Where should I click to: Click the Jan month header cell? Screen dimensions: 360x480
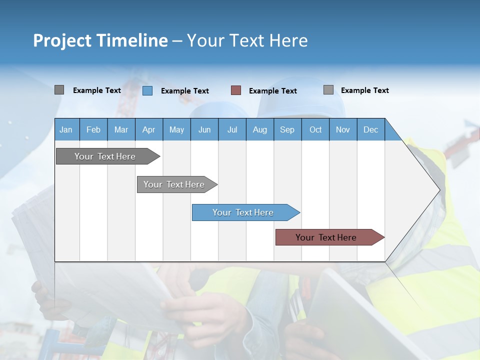click(66, 129)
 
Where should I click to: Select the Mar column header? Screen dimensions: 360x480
click(121, 129)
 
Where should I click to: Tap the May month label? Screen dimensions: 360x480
click(176, 129)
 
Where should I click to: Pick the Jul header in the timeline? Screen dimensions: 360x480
click(232, 129)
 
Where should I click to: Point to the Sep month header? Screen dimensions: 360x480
click(287, 129)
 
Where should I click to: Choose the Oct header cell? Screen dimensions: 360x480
click(315, 129)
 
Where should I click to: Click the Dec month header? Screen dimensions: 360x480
click(370, 129)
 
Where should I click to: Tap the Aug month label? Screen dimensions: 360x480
click(259, 129)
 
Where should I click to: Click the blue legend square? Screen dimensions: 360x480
click(147, 90)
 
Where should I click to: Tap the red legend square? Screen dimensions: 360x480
click(236, 90)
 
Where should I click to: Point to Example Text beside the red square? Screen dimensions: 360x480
click(273, 91)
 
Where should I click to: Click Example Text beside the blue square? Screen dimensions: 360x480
click(185, 91)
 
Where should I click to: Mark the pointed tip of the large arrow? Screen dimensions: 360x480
click(439, 189)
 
